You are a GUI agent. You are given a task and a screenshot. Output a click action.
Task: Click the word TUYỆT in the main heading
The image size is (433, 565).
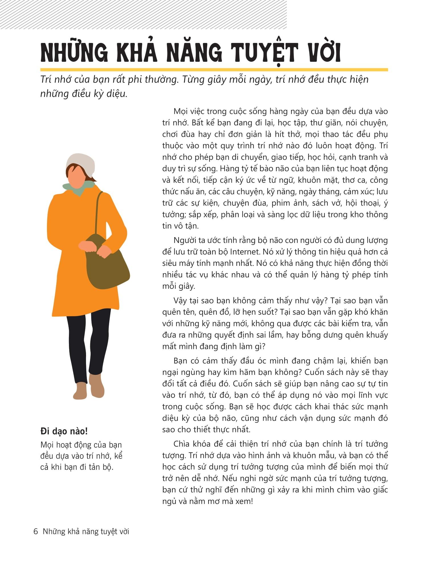(x=264, y=53)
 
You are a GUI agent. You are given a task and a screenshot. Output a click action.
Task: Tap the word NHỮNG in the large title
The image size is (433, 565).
(x=74, y=53)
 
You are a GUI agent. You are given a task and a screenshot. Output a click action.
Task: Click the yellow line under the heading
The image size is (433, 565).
(x=214, y=69)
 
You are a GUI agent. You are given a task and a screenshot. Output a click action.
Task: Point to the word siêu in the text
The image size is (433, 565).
(x=169, y=263)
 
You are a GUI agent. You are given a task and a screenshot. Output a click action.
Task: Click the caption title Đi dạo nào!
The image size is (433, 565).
(x=64, y=431)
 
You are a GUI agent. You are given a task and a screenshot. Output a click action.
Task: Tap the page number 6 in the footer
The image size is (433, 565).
(x=36, y=531)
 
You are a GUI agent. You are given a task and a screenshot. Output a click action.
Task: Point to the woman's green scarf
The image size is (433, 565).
(x=80, y=187)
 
